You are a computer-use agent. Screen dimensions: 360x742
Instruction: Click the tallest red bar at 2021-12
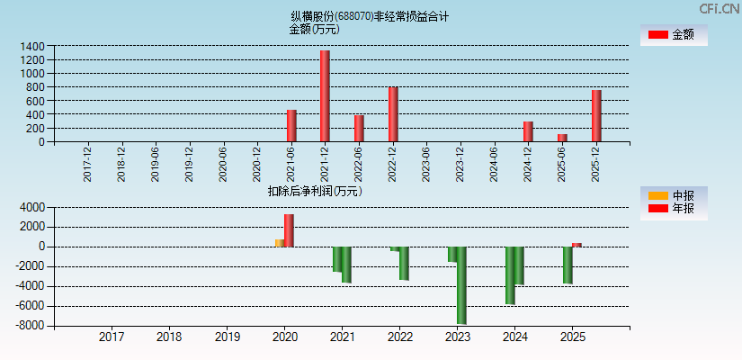click(325, 95)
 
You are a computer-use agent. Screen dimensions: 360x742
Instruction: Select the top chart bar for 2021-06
click(291, 126)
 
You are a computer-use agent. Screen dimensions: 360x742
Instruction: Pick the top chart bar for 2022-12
click(393, 114)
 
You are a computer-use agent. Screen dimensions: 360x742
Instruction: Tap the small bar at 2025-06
click(562, 138)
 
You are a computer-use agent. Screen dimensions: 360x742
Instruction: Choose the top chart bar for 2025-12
click(596, 115)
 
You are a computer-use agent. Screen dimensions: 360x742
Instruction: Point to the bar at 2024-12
click(528, 131)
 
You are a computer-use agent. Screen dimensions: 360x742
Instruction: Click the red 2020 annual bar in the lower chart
click(289, 230)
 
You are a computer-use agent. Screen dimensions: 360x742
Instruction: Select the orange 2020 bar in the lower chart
click(280, 243)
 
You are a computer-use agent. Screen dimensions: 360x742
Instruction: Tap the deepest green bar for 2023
click(461, 285)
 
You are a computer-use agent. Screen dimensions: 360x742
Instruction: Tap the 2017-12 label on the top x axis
click(87, 164)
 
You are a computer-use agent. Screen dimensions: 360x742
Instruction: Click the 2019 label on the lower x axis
click(227, 337)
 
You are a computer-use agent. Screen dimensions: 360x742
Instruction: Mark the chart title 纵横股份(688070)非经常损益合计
click(370, 16)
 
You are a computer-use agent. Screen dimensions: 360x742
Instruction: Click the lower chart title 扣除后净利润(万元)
click(314, 191)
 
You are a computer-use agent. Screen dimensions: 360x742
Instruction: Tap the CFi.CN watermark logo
click(720, 8)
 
